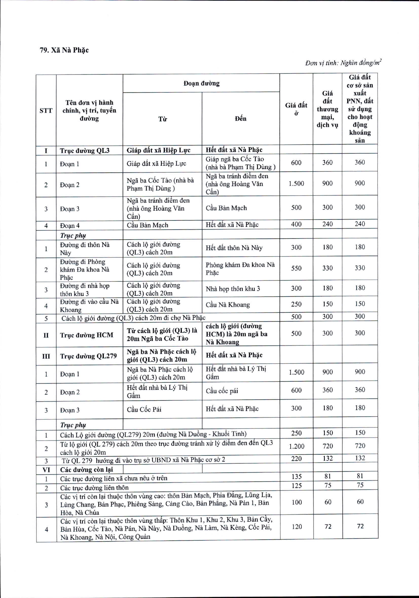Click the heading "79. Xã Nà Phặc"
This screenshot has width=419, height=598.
click(64, 50)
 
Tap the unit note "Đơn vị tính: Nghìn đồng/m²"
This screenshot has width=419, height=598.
click(343, 63)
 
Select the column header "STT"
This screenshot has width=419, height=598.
click(46, 111)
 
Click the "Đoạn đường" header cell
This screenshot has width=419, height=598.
click(201, 83)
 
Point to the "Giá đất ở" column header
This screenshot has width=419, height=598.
click(296, 109)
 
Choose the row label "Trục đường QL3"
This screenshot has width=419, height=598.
click(85, 151)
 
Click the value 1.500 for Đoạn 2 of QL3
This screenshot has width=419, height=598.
click(296, 184)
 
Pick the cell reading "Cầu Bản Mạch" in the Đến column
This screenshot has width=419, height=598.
click(226, 208)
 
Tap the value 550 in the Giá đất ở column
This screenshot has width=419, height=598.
click(296, 268)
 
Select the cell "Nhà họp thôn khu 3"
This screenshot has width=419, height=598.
click(233, 289)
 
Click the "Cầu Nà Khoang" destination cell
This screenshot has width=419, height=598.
click(228, 305)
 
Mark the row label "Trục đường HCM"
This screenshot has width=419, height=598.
click(87, 335)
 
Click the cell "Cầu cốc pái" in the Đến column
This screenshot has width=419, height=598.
click(222, 391)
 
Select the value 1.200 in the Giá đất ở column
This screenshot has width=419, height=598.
click(296, 446)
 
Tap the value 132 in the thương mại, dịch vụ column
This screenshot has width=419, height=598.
click(327, 458)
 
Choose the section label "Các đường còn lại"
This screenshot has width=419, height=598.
click(87, 470)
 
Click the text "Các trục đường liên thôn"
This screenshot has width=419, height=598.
click(94, 488)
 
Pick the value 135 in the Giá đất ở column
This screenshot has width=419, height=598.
click(296, 477)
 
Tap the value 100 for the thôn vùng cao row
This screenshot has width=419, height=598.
click(296, 502)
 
